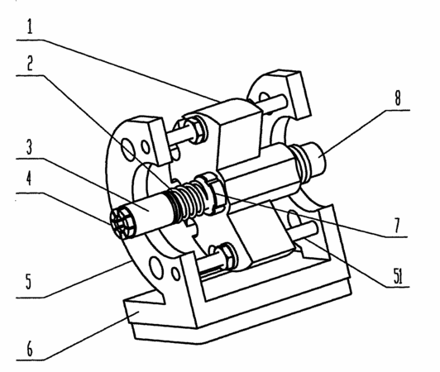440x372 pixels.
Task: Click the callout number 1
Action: [x=30, y=26]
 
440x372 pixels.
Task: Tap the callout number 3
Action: [x=30, y=146]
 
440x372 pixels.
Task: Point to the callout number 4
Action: [x=29, y=178]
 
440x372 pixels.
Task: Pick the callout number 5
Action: [x=29, y=281]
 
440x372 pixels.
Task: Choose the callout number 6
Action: [x=30, y=349]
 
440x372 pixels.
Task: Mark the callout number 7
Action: [x=397, y=225]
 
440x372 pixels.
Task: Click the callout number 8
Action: [x=398, y=98]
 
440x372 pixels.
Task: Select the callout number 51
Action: [x=398, y=277]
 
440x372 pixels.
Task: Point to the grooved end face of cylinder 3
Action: [x=122, y=222]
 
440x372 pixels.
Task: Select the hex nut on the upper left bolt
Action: [x=197, y=131]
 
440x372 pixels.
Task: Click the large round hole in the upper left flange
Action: [x=129, y=150]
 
